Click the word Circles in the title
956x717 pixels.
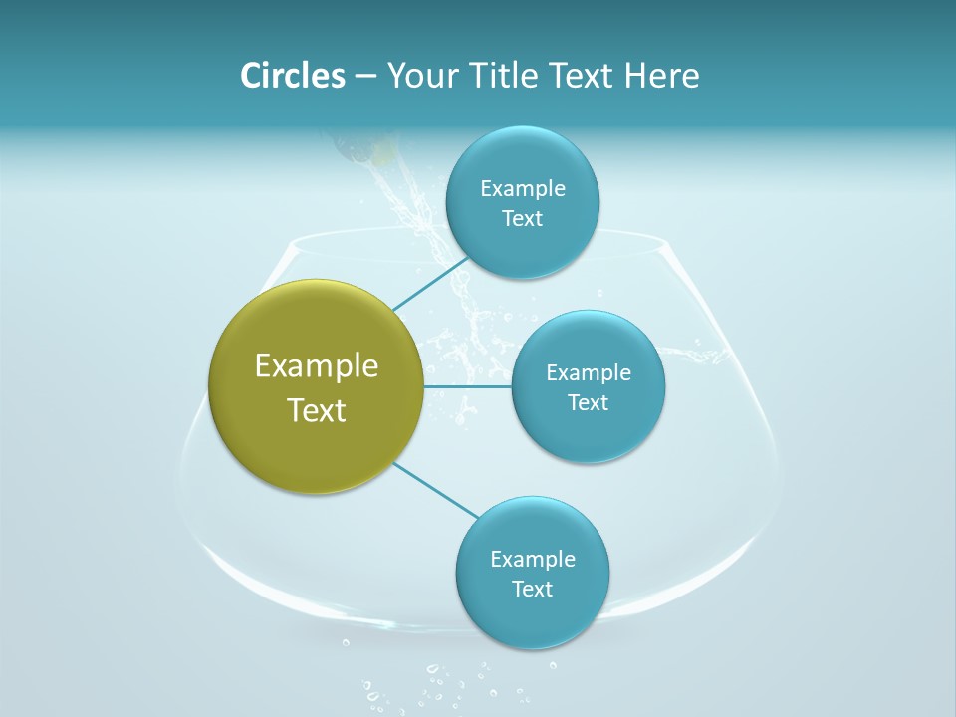click(x=292, y=76)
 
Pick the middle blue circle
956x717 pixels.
click(x=588, y=428)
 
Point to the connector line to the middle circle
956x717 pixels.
click(x=468, y=385)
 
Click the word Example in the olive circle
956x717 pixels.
click(x=317, y=366)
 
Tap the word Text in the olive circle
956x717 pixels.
click(x=317, y=410)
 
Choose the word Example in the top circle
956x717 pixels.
click(x=523, y=188)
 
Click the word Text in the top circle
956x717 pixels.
click(x=523, y=218)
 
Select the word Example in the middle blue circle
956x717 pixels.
click(x=589, y=372)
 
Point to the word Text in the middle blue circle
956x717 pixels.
click(x=589, y=402)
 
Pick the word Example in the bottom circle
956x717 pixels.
click(x=533, y=559)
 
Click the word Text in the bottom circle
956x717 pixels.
click(x=533, y=589)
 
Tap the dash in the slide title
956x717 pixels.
click(x=365, y=77)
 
